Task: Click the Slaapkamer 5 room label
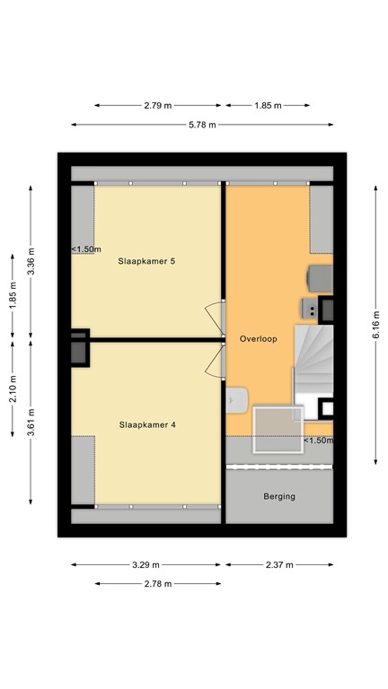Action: tap(146, 262)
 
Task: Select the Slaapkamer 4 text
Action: tap(146, 424)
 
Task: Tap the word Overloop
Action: tap(258, 339)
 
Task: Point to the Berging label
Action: tap(279, 496)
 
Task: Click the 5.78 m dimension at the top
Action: tap(202, 125)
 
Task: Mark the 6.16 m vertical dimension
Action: tap(375, 321)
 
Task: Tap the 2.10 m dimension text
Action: tap(12, 392)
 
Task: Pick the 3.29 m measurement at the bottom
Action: tap(145, 565)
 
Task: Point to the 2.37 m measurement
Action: tap(279, 565)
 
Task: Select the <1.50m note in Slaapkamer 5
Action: tap(86, 249)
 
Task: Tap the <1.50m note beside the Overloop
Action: tap(317, 440)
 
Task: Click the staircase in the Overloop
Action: tap(313, 359)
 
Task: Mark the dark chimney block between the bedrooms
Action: tap(79, 347)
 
